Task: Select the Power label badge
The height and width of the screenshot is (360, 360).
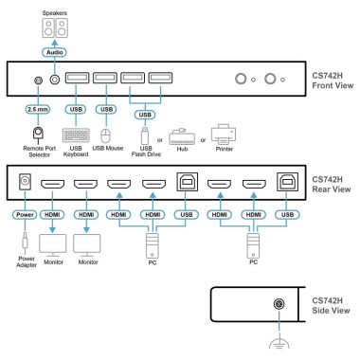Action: tap(25, 215)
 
